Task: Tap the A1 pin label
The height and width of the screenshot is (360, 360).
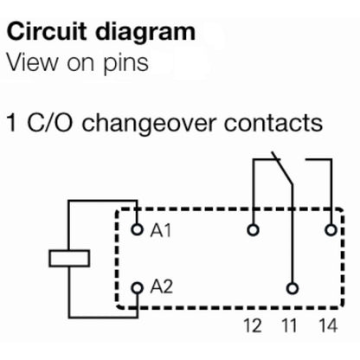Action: pos(160,231)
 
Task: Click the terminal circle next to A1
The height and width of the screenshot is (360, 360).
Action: pos(136,230)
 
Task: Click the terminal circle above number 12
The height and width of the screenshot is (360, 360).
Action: pos(252,230)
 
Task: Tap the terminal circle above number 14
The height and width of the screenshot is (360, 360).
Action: pos(331,230)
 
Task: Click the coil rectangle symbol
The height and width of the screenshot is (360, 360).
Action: pos(67,258)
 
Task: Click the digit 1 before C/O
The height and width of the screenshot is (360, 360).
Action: pos(11,123)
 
